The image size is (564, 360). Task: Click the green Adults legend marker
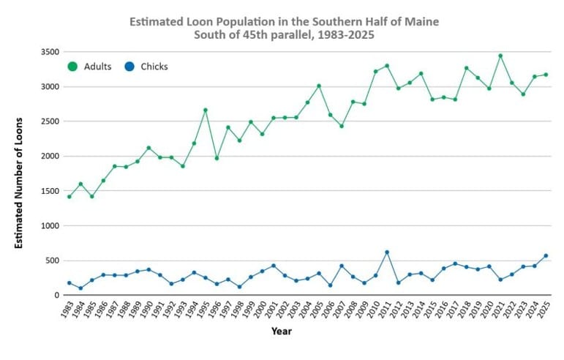tap(72, 67)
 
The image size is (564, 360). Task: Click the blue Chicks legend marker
tap(129, 67)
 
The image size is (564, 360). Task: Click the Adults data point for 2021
tap(500, 56)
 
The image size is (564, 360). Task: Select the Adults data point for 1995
tap(206, 110)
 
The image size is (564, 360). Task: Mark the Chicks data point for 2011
tap(387, 252)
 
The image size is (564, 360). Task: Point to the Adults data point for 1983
tap(69, 196)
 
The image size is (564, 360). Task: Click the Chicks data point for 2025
tap(546, 255)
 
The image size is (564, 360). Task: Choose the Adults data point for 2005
tap(319, 86)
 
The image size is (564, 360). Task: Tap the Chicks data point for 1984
tap(80, 288)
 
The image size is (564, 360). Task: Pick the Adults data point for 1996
tap(217, 158)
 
